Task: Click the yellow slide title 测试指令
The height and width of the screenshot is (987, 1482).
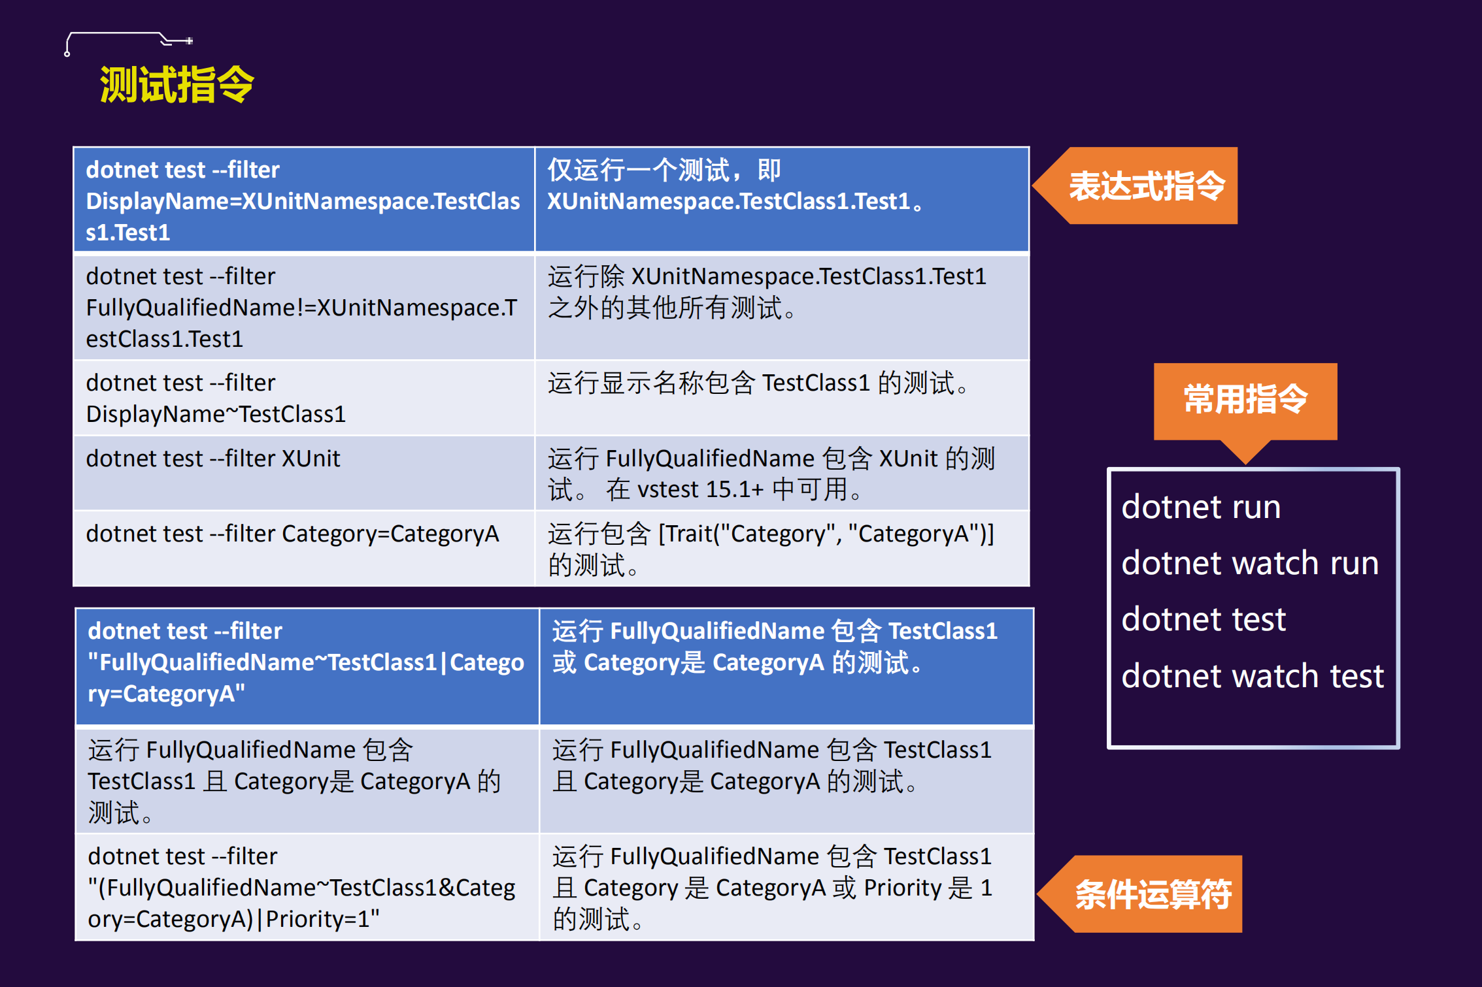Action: pos(177,85)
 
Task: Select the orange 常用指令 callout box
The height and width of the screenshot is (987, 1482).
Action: pos(1245,400)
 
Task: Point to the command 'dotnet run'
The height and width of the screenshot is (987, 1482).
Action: pos(1201,508)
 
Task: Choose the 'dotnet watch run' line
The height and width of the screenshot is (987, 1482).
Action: pos(1250,564)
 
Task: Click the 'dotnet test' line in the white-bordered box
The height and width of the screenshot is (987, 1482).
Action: pos(1204,620)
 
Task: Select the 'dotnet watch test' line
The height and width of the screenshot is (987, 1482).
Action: pos(1253,676)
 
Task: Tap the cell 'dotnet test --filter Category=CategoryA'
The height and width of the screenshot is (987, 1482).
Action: pos(304,548)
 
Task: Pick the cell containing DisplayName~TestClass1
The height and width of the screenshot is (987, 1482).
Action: pos(304,398)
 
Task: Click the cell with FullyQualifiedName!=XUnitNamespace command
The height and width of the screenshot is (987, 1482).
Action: pos(304,307)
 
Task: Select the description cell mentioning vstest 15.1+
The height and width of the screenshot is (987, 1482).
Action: pos(781,473)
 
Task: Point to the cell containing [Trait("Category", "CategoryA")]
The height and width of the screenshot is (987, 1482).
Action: pos(781,548)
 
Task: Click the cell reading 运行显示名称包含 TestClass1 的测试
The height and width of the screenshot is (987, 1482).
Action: pos(781,398)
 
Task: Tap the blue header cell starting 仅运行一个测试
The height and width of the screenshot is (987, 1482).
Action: pos(781,199)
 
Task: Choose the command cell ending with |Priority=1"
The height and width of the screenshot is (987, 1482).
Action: pos(307,887)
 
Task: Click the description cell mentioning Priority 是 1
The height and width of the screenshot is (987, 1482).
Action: pos(786,887)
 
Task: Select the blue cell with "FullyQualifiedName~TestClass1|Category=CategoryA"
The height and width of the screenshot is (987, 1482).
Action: pos(307,666)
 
